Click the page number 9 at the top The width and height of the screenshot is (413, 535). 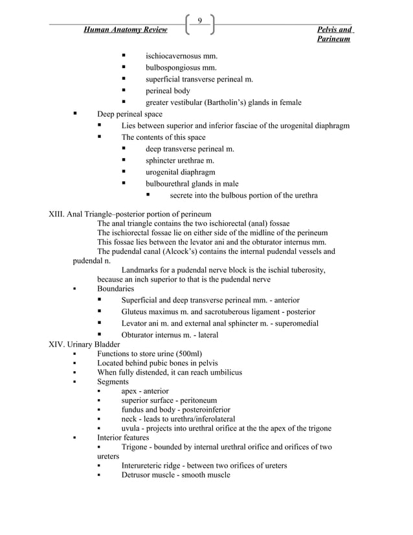click(x=200, y=21)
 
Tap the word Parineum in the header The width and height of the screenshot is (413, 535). click(x=334, y=40)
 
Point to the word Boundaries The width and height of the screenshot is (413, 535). click(x=116, y=288)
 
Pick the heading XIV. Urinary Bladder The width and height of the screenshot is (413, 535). click(x=84, y=344)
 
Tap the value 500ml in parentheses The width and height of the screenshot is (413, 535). click(x=188, y=354)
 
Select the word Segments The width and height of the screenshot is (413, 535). click(x=113, y=382)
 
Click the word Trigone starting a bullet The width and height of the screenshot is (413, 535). click(x=136, y=447)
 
